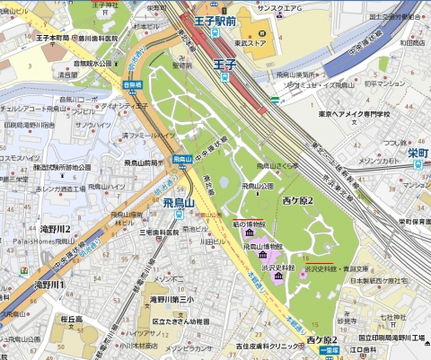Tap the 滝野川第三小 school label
[x=174, y=298]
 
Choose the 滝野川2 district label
[x=53, y=229]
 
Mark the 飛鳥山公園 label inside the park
[x=279, y=185]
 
